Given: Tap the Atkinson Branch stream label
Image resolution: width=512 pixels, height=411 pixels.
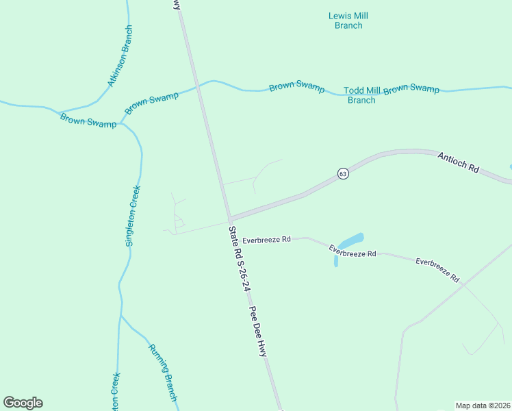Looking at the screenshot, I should tap(119, 57).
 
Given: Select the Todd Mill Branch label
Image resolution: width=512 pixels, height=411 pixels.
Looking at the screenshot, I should tap(362, 95).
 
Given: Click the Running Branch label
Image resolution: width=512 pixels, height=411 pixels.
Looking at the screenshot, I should tap(164, 373).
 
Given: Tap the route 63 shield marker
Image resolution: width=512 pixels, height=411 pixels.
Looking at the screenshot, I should tap(343, 174).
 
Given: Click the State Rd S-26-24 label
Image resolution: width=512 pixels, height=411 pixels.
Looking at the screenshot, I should tap(238, 260).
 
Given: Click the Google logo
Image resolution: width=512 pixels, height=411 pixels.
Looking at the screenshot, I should tap(23, 403).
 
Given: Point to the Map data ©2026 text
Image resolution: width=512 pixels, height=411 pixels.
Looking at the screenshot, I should tap(483, 405).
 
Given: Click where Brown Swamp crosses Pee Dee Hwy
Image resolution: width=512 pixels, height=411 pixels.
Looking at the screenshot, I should tap(199, 86).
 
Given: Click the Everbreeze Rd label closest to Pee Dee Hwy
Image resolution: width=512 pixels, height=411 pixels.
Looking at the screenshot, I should tap(266, 240).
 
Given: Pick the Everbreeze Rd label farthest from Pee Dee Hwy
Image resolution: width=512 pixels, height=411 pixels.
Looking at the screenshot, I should tap(437, 271).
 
